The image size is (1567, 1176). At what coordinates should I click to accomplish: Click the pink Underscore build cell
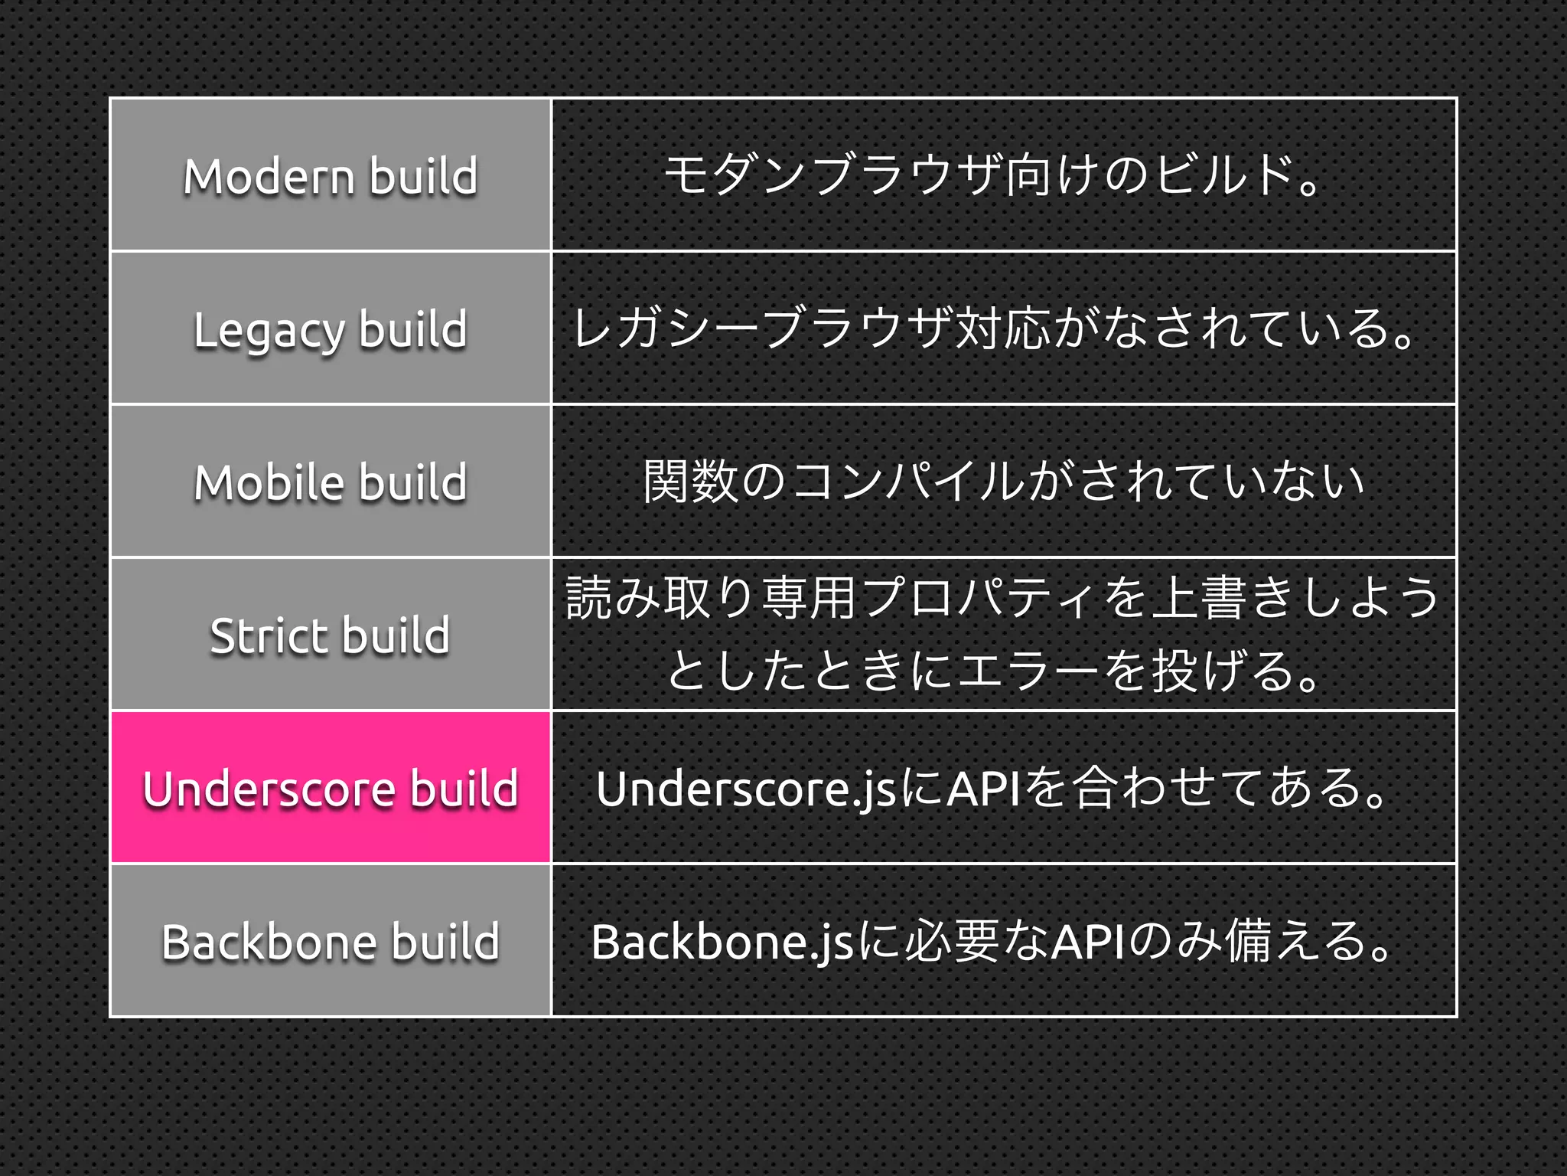coord(331,788)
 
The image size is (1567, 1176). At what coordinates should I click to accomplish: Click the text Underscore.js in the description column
coord(746,789)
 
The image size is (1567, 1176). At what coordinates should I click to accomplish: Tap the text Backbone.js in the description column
coord(722,942)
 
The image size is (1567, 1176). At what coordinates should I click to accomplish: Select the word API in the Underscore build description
coord(982,789)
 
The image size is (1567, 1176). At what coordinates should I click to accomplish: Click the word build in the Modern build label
coord(424,176)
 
